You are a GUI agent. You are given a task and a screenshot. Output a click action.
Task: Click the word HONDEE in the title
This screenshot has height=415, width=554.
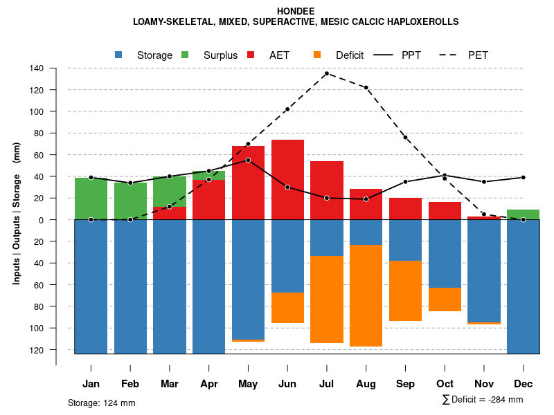(296, 11)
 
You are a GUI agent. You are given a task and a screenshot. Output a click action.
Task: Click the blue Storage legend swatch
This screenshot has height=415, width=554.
(119, 55)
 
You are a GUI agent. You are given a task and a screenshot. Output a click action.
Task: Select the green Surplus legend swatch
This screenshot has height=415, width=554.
(186, 55)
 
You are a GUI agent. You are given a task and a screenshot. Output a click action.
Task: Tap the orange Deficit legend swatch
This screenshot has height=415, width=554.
(318, 55)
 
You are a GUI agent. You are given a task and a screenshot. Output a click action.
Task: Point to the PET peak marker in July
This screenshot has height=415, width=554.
(326, 73)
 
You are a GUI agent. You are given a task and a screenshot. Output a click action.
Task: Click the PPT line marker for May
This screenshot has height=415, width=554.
(248, 160)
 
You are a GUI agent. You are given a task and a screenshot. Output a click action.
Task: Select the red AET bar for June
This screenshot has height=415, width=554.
(287, 179)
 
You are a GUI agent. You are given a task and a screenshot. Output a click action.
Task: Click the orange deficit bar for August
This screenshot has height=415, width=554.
(366, 295)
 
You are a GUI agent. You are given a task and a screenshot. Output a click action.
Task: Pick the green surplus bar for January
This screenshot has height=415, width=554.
(91, 199)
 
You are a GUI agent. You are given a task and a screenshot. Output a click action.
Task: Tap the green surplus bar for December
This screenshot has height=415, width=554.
(523, 214)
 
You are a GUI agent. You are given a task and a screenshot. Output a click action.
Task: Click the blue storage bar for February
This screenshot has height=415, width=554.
(130, 286)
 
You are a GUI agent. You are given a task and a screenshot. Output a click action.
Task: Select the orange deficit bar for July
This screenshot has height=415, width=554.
(326, 299)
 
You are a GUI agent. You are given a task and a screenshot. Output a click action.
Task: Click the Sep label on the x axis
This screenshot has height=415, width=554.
(405, 384)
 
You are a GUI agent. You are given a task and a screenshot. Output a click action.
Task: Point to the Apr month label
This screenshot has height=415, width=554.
(208, 384)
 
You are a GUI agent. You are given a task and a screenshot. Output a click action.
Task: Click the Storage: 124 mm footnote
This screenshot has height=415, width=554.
(101, 403)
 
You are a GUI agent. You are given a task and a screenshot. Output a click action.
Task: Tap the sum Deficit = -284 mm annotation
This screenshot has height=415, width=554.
(482, 399)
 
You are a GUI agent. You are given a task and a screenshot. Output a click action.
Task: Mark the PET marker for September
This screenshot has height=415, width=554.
(405, 138)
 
